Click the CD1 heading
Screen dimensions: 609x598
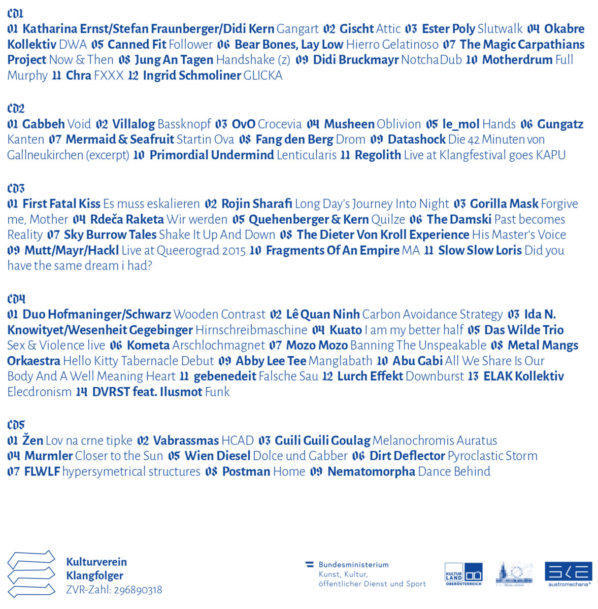pos(15,14)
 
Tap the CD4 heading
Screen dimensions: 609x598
pos(16,299)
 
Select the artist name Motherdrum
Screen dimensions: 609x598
pos(517,60)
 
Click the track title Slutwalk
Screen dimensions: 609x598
pos(500,29)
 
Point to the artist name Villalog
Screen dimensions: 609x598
pos(134,124)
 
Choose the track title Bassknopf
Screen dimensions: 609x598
pos(184,124)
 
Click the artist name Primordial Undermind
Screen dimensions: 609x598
pos(212,155)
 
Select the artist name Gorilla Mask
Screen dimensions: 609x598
pos(504,204)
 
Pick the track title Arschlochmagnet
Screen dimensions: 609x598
pos(218,346)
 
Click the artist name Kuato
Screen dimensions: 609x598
pos(346,330)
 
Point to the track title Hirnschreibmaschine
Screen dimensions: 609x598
pos(251,330)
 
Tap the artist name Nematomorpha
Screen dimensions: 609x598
pos(371,472)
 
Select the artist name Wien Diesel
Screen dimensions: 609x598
pos(217,456)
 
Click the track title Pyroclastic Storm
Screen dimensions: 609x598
pos(492,456)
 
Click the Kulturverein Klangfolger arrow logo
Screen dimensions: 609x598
pos(31,573)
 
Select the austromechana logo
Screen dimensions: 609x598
pos(569,573)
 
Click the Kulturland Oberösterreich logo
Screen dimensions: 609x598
pos(463,574)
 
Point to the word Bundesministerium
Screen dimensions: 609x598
pos(353,565)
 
